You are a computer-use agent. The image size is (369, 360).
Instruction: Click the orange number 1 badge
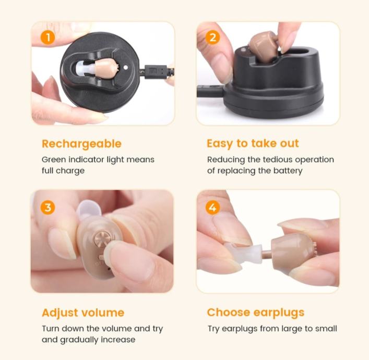[x=48, y=38]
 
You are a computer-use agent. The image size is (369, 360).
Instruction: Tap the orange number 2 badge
[x=212, y=38]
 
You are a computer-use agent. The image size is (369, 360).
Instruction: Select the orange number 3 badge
[x=48, y=208]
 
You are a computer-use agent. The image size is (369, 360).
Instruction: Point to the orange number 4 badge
[x=212, y=208]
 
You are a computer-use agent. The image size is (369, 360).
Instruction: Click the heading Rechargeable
[x=81, y=144]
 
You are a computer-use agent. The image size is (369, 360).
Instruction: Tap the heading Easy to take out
[x=253, y=143]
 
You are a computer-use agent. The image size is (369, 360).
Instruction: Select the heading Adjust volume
[x=83, y=313]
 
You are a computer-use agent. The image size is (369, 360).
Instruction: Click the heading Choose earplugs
[x=256, y=313]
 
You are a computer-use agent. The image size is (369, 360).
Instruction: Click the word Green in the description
[x=54, y=160]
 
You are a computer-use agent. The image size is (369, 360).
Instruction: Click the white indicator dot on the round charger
[x=126, y=67]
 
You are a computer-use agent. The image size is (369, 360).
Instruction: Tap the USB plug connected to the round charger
[x=156, y=71]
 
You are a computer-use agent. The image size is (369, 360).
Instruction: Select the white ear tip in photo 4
[x=244, y=252]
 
